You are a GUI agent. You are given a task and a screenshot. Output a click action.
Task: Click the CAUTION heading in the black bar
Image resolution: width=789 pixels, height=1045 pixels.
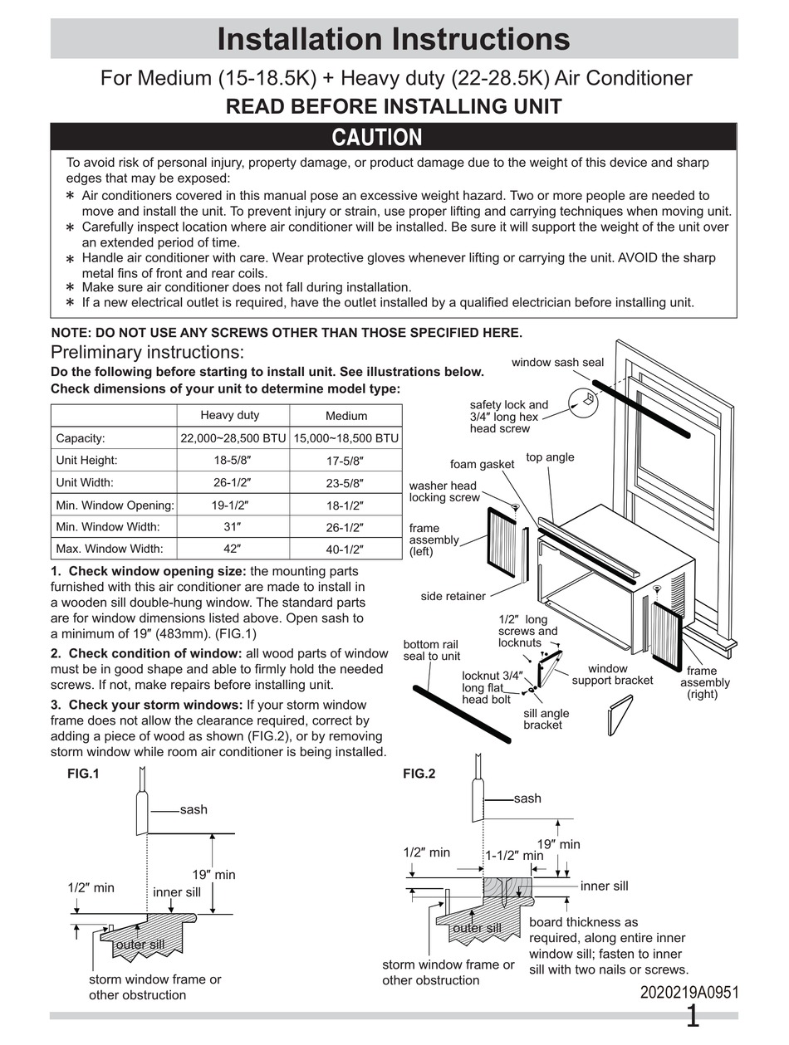[x=377, y=137]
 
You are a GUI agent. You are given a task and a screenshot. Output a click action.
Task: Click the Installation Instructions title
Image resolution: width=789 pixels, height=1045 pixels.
[x=393, y=39]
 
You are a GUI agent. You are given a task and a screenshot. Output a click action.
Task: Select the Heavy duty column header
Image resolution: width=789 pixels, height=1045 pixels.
[x=230, y=415]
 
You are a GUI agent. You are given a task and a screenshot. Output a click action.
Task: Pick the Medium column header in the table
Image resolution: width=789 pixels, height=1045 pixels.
[x=345, y=416]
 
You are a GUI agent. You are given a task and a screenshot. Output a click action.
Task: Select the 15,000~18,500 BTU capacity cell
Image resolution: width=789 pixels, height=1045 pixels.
[x=345, y=438]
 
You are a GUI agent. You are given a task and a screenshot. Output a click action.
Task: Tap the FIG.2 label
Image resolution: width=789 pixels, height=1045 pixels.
[x=419, y=774]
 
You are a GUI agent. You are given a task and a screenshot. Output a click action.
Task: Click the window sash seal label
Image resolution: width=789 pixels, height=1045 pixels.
[x=557, y=363]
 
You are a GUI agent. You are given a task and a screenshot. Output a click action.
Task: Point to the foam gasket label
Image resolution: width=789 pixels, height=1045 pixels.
[x=482, y=465]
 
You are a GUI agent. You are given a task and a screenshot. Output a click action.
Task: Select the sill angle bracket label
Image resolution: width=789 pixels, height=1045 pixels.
[x=546, y=719]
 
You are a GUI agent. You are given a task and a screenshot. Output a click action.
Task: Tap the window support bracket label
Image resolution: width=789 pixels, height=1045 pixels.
[x=612, y=674]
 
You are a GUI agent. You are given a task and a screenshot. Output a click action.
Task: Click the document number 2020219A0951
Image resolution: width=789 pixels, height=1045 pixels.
[x=689, y=993]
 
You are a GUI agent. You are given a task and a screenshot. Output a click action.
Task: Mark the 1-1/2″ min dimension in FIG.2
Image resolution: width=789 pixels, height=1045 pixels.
[x=514, y=855]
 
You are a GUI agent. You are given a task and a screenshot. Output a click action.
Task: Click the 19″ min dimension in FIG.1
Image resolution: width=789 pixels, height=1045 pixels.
[x=213, y=875]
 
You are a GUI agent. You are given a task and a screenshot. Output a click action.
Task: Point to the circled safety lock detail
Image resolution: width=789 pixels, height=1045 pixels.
[x=585, y=400]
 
